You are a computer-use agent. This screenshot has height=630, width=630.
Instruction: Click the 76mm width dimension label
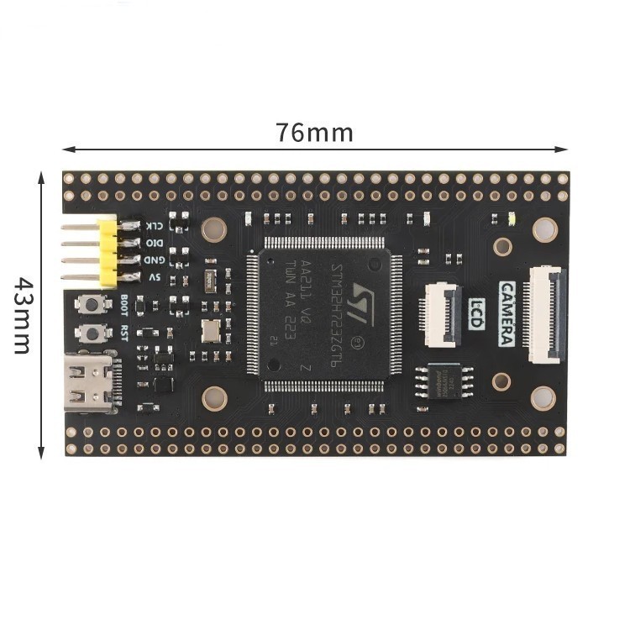tap(314, 133)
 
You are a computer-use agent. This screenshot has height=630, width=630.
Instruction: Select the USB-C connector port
tap(92, 383)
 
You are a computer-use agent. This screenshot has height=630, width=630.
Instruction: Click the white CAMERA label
tap(508, 313)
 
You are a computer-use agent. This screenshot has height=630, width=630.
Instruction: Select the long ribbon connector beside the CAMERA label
tap(545, 314)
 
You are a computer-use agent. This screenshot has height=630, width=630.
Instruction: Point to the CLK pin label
tap(155, 226)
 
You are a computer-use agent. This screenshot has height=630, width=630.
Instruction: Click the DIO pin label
tap(155, 243)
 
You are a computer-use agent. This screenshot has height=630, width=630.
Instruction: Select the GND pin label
tap(155, 260)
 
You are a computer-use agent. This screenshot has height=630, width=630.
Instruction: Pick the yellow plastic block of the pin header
tap(108, 251)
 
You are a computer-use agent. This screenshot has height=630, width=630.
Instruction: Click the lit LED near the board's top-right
tap(512, 221)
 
